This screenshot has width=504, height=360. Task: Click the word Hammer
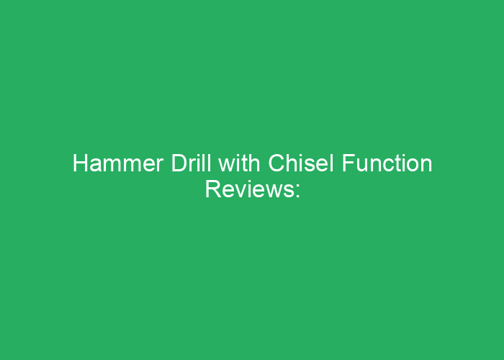pos(118,163)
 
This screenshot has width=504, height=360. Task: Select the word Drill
pos(192,163)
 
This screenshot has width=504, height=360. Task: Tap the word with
pos(239,163)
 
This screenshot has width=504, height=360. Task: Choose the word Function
pos(387,163)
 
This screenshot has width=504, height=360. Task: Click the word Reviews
pos(249,189)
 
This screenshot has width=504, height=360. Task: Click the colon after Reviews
pos(297,192)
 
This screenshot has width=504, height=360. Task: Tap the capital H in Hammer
pos(80,163)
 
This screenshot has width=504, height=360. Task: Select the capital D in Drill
pos(179,163)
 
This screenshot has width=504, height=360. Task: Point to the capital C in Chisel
pos(276,163)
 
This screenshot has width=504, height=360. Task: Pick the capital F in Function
pos(348,163)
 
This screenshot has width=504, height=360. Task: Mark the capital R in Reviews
pos(213,189)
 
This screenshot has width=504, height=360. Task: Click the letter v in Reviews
pos(241,192)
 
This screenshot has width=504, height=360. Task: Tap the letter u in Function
pos(362,166)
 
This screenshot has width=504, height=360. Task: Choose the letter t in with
pos(246,164)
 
